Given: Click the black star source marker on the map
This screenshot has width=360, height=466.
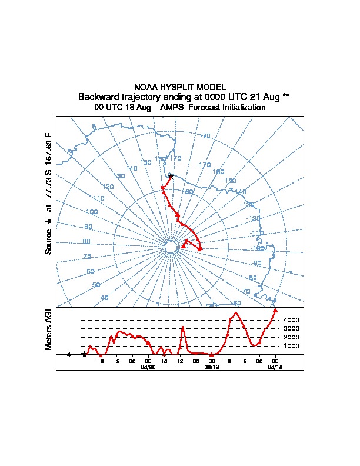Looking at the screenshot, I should click(x=171, y=175).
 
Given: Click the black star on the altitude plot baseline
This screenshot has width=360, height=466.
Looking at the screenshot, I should click(x=85, y=354).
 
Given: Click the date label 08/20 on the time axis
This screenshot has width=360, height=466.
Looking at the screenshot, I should click(x=148, y=367).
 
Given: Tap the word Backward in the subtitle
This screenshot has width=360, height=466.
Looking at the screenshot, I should click(x=98, y=96).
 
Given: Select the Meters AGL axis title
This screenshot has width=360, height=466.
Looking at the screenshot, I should click(x=49, y=328).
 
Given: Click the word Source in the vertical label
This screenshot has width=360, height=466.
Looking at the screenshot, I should click(x=49, y=241).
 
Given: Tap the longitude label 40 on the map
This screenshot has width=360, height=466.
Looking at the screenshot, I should click(x=105, y=298).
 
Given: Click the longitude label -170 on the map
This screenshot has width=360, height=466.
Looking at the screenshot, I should click(x=204, y=164).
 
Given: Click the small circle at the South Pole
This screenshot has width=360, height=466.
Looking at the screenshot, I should click(x=170, y=247).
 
